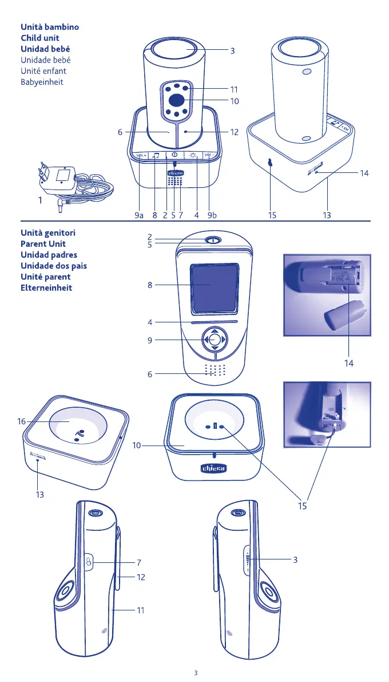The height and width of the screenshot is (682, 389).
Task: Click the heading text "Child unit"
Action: click(39, 38)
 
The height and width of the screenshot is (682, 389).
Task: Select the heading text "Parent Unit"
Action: click(43, 244)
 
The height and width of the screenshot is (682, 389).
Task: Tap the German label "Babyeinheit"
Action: click(42, 82)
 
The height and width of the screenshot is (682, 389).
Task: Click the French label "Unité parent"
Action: click(45, 277)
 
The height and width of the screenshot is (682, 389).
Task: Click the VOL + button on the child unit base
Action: click(142, 155)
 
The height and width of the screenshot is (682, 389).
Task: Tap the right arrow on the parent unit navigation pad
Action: click(224, 340)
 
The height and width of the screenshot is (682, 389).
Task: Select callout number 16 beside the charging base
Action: click(21, 421)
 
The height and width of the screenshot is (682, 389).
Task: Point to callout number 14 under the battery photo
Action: click(349, 363)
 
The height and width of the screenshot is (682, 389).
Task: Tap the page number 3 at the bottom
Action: click(196, 672)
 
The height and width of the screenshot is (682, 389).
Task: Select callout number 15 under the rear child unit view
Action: click(272, 216)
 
